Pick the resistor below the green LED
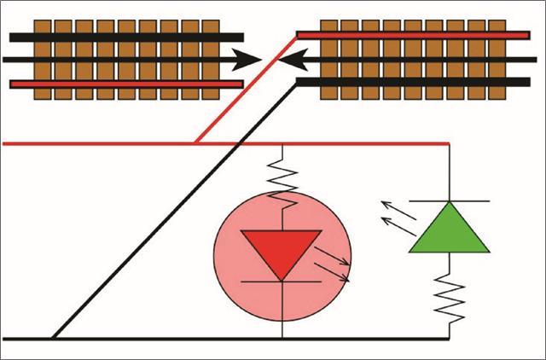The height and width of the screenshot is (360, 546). [449, 294]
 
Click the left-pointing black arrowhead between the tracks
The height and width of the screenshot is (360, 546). [295, 59]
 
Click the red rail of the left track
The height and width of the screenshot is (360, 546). [128, 84]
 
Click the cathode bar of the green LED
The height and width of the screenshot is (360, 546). [449, 200]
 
